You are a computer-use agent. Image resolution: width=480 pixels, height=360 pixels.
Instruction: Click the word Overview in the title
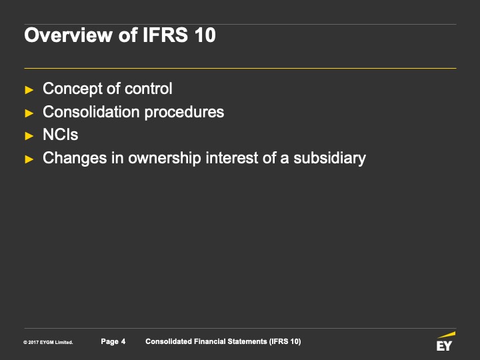click(x=69, y=35)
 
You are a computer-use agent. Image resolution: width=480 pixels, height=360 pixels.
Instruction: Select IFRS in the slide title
click(x=165, y=35)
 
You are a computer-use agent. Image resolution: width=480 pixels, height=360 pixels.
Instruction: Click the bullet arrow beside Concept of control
click(x=29, y=90)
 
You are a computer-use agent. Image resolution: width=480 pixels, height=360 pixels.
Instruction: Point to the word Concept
click(x=73, y=89)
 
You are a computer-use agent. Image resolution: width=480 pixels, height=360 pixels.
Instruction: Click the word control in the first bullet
click(x=149, y=89)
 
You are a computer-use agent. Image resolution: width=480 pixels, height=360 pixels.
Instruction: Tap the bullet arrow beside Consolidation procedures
click(x=29, y=113)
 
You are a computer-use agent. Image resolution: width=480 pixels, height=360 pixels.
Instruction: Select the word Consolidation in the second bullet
click(x=91, y=112)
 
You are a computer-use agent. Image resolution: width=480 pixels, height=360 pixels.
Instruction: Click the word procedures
click(x=184, y=113)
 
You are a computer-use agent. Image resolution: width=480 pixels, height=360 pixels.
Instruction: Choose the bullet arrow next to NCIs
click(x=29, y=136)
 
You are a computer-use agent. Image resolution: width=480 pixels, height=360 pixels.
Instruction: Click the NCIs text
click(x=60, y=135)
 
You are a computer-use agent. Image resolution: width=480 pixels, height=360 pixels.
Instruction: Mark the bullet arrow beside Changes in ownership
click(x=29, y=159)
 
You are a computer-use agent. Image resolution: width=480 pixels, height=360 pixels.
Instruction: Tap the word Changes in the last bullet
click(x=75, y=159)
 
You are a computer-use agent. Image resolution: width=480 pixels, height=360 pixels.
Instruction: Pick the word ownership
click(x=165, y=159)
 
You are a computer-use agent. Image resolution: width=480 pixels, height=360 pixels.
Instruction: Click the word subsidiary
click(x=330, y=159)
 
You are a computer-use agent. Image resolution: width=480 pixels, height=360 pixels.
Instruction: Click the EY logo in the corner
click(x=446, y=341)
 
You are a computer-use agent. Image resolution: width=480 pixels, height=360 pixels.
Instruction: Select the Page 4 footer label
click(x=113, y=341)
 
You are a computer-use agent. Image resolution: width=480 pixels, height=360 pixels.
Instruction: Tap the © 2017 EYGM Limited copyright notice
click(x=48, y=343)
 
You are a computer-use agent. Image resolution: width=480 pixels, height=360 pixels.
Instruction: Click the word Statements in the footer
click(x=247, y=341)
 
